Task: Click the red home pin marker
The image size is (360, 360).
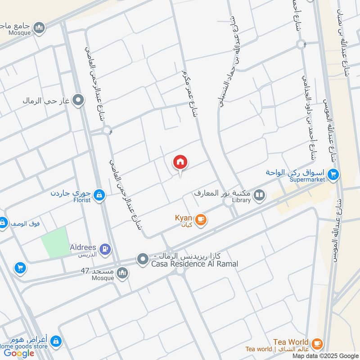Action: pyautogui.click(x=180, y=162)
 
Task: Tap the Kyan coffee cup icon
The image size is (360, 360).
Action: pyautogui.click(x=201, y=220)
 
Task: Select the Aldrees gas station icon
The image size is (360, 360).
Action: pyautogui.click(x=105, y=248)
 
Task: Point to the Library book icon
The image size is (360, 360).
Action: pyautogui.click(x=259, y=195)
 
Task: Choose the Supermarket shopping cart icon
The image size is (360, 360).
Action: pyautogui.click(x=333, y=174)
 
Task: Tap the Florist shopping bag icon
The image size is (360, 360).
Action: pyautogui.click(x=100, y=195)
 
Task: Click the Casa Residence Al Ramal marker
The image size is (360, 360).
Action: pyautogui.click(x=143, y=259)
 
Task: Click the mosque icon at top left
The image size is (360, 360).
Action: pyautogui.click(x=40, y=28)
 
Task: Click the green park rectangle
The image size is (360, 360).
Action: pyautogui.click(x=55, y=242)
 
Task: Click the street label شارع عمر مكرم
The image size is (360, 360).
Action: pyautogui.click(x=189, y=92)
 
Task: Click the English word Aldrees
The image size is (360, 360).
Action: pyautogui.click(x=83, y=247)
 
